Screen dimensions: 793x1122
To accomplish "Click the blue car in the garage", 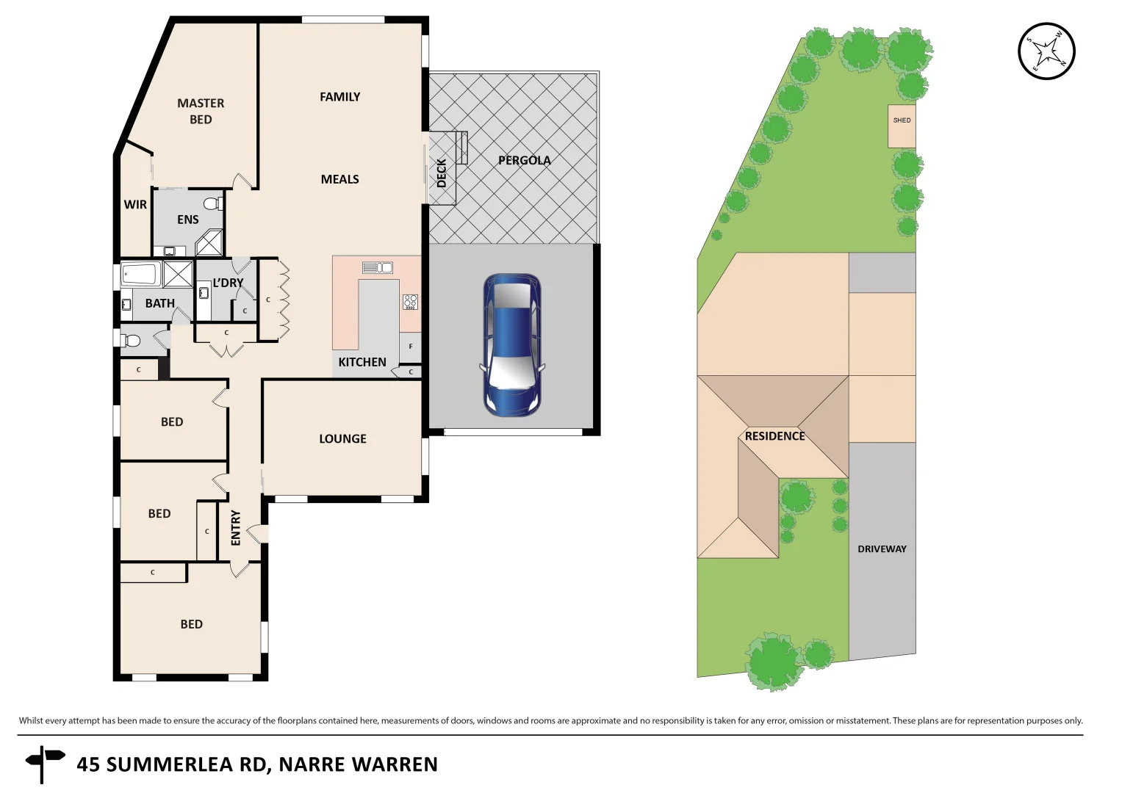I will pos(512,345).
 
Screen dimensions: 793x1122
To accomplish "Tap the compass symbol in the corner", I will pos(1046,51).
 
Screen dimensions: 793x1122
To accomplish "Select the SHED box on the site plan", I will pos(902,126).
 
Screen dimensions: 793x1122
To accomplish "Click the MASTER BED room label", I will pos(201,112).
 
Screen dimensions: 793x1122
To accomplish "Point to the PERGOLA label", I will pos(524,160).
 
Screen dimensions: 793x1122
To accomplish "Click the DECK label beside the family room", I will pos(442,173).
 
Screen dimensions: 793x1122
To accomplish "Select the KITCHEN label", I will pos(362,362).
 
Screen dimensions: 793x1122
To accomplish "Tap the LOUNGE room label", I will pos(342,438).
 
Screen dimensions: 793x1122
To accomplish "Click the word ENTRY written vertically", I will pos(236,527).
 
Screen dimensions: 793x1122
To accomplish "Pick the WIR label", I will pos(135,205).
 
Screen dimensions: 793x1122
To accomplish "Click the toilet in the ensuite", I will pos(212,203).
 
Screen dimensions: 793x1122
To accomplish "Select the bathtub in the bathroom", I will pos(140,274).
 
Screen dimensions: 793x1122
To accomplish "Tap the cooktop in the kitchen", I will pos(410,301).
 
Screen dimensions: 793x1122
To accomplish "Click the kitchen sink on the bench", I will pos(377,267).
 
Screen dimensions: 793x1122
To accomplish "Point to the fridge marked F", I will pos(410,347).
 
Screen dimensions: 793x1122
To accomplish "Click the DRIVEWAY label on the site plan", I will pos(882,548).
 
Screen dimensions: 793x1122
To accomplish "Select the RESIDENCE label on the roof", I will pos(774,436).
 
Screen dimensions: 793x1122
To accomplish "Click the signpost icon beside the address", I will pos(43,762).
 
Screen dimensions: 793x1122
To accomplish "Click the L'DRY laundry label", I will pos(228,283).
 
